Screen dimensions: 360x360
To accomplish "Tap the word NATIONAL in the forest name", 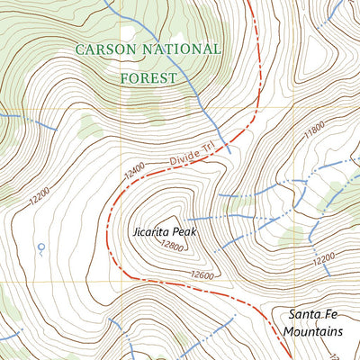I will (x=176, y=49).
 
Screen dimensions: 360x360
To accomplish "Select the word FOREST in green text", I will (x=148, y=78).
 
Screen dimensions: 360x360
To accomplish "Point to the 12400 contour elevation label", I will (x=136, y=169).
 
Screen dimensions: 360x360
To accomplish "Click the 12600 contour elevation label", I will (x=205, y=275).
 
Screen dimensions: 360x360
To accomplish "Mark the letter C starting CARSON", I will (x=79, y=49).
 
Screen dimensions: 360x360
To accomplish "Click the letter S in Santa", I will (x=293, y=314).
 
